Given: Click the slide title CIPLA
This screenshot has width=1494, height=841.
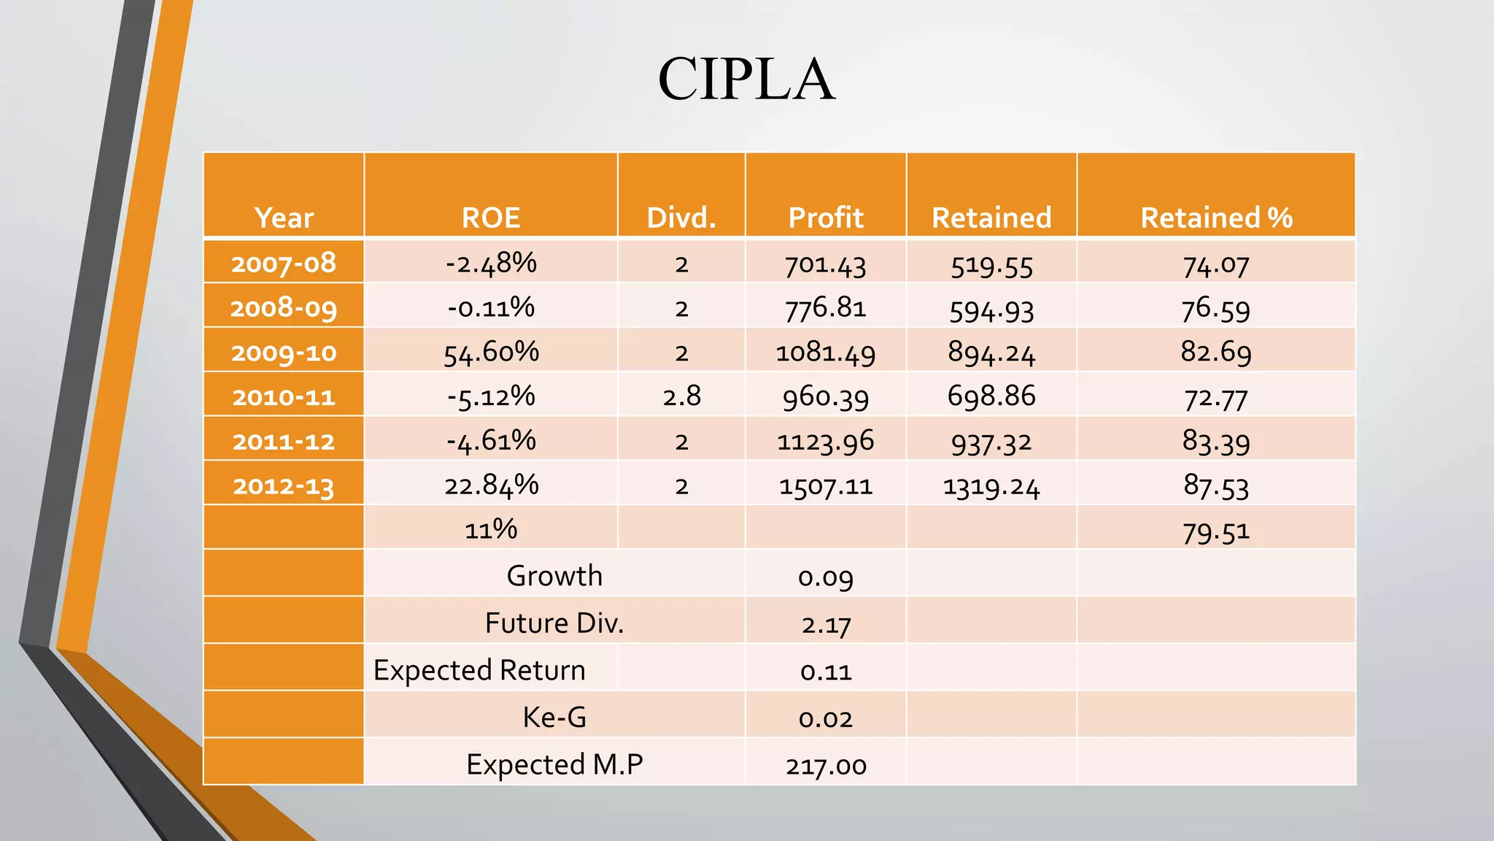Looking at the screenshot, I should click(746, 79).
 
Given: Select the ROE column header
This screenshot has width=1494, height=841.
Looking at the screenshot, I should click(491, 218).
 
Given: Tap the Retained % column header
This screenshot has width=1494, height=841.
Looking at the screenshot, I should click(1216, 218).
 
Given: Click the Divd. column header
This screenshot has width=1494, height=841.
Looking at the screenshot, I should click(681, 218).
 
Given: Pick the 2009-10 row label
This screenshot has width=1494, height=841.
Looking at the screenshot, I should click(284, 353).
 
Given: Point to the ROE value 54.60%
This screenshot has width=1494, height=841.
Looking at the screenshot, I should click(491, 352).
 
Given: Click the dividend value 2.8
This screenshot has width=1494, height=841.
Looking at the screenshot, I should click(681, 396).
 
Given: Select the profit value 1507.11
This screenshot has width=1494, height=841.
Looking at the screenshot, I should click(826, 485).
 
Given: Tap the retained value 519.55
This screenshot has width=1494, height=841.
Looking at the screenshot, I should click(991, 265).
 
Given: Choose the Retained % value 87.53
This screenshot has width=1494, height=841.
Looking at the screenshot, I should click(1216, 485).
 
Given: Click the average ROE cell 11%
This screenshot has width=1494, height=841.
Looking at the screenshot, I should click(491, 529).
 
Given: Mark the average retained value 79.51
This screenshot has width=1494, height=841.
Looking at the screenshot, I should click(1216, 531).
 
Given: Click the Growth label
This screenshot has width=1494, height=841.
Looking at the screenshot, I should click(554, 576).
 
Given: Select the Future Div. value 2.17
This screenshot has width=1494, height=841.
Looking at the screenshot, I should click(826, 624).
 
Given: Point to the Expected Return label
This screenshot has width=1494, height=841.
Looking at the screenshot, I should click(479, 670).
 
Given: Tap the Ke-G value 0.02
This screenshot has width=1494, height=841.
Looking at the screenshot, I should click(826, 718).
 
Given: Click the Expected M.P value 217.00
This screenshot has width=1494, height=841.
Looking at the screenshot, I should click(826, 766).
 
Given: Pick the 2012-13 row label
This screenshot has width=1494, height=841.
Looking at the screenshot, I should click(284, 485).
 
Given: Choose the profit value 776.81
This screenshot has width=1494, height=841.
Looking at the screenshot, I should click(826, 308).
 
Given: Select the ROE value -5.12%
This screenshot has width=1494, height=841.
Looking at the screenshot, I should click(491, 396).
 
